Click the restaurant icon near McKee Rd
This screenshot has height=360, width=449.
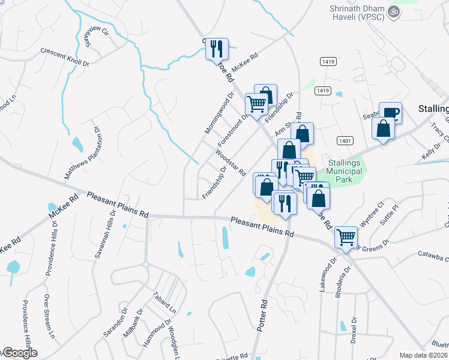pyautogui.click(x=217, y=48)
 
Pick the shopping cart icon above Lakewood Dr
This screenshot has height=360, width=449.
pyautogui.click(x=346, y=237)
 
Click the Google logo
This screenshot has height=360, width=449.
pyautogui.click(x=19, y=353)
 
